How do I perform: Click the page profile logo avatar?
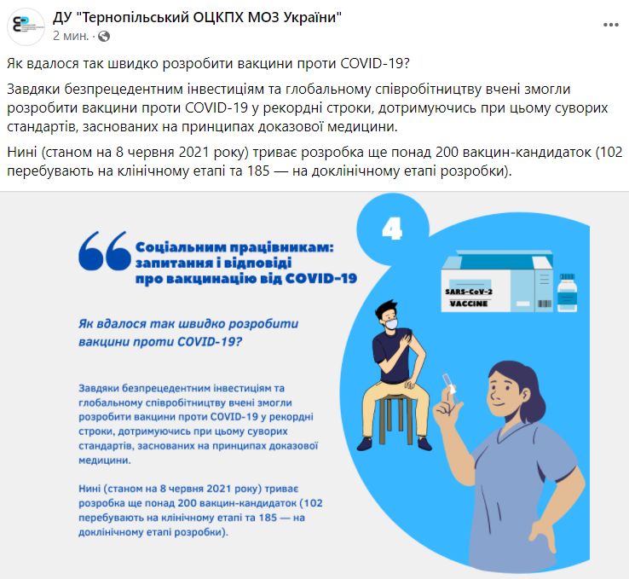click(26, 26)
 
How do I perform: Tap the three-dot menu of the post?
click(610, 25)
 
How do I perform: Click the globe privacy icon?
click(104, 36)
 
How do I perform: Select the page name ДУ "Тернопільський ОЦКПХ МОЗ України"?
click(197, 17)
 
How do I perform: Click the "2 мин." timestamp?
click(71, 36)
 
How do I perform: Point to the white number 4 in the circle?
click(392, 229)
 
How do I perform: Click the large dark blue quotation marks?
click(105, 251)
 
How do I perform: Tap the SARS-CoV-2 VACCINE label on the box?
click(469, 298)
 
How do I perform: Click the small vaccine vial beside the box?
click(568, 292)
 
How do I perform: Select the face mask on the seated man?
click(391, 323)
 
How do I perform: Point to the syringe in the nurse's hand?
click(450, 386)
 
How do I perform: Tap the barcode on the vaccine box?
click(545, 304)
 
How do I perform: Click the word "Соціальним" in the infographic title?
click(181, 247)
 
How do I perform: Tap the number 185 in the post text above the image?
click(258, 171)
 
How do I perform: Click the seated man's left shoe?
click(424, 443)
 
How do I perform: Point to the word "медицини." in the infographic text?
click(105, 460)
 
